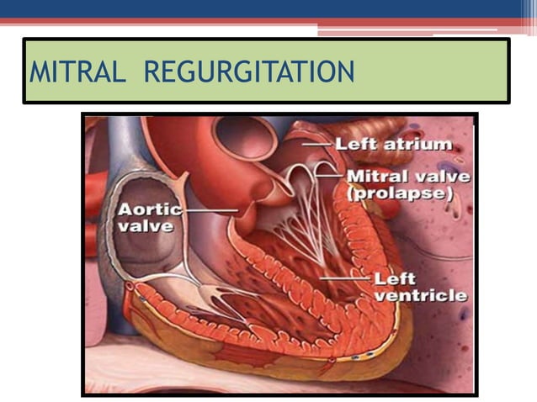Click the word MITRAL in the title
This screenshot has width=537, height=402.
[x=78, y=72]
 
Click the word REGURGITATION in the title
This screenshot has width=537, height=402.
[x=249, y=72]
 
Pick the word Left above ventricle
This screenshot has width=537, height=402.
[x=396, y=279]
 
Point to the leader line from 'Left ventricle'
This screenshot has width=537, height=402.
[x=345, y=276]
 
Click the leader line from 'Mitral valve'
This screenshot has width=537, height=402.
[x=330, y=176]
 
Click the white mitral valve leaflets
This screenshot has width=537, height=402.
[x=299, y=174]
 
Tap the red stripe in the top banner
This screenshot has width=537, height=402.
[x=253, y=21]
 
